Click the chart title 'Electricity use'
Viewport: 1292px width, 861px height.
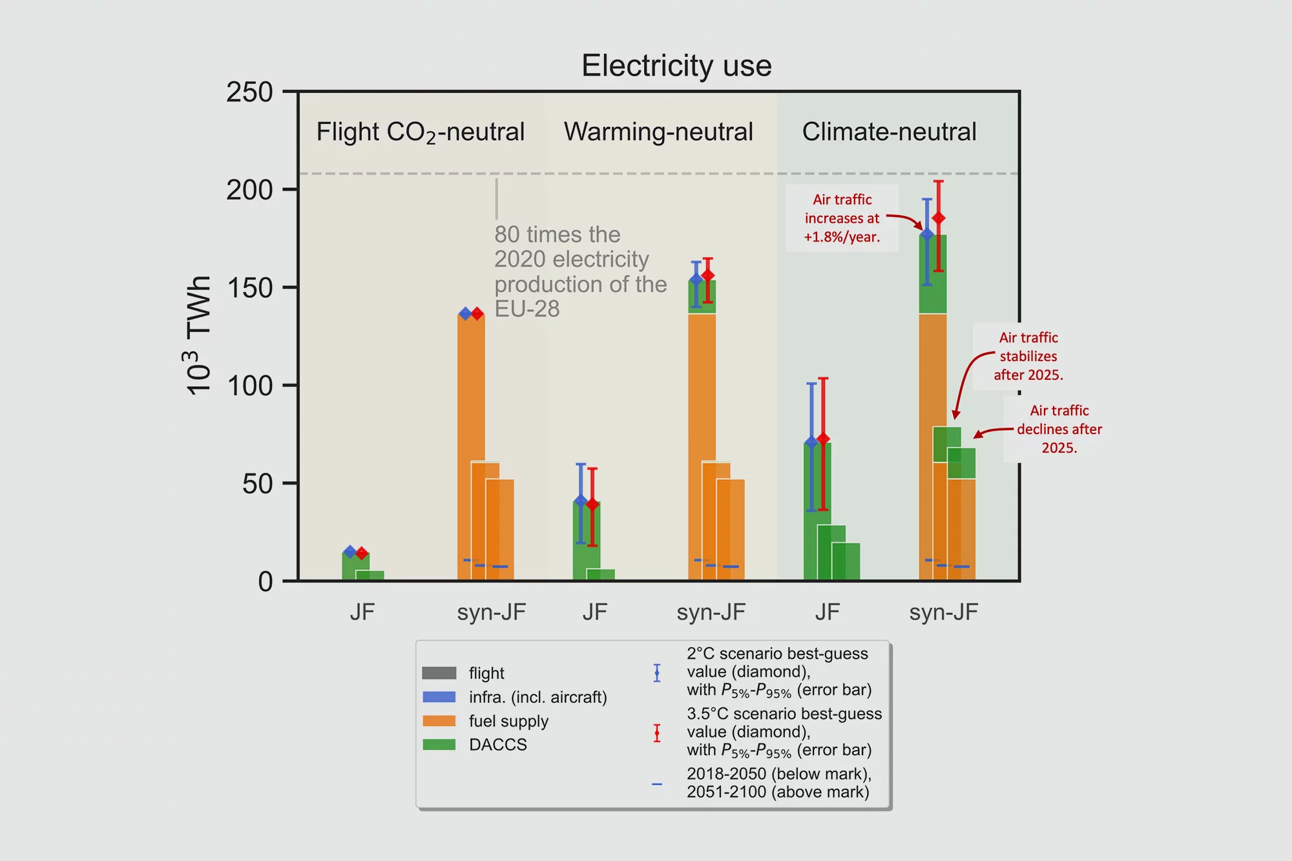676,66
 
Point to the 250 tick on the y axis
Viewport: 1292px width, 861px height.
249,92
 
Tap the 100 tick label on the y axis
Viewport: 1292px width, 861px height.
249,386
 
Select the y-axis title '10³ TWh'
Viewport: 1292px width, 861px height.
198,335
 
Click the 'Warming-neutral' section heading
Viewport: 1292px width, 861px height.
658,132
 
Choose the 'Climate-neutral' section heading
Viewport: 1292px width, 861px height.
889,132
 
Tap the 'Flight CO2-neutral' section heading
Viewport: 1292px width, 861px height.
420,132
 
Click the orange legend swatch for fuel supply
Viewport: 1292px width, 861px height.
439,721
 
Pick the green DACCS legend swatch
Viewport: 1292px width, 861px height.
439,745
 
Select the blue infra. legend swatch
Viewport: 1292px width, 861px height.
439,697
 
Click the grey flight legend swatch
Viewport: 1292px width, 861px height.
439,673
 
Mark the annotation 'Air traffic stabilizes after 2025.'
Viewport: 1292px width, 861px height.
1028,356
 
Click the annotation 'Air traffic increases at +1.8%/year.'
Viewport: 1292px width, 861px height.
842,218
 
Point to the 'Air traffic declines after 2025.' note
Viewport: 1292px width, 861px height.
1059,429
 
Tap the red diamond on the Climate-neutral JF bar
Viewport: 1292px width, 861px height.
823,439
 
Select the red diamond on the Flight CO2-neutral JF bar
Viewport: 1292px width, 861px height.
362,554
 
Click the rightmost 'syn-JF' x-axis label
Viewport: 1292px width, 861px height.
943,612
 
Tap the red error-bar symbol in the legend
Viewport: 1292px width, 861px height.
657,733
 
